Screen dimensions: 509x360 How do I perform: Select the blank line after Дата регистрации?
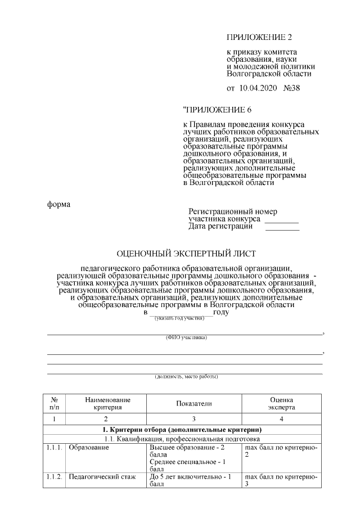[282, 228]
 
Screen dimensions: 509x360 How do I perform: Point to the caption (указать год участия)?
[179, 319]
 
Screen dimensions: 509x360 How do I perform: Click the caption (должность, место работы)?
[186, 376]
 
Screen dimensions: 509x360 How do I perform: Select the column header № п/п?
[54, 403]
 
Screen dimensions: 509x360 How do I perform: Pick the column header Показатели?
[193, 403]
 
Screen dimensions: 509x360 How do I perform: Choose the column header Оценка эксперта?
[281, 403]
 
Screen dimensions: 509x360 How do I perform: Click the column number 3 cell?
[193, 419]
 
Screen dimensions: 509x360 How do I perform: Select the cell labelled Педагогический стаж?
[102, 477]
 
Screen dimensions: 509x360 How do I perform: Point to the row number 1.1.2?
[55, 477]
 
